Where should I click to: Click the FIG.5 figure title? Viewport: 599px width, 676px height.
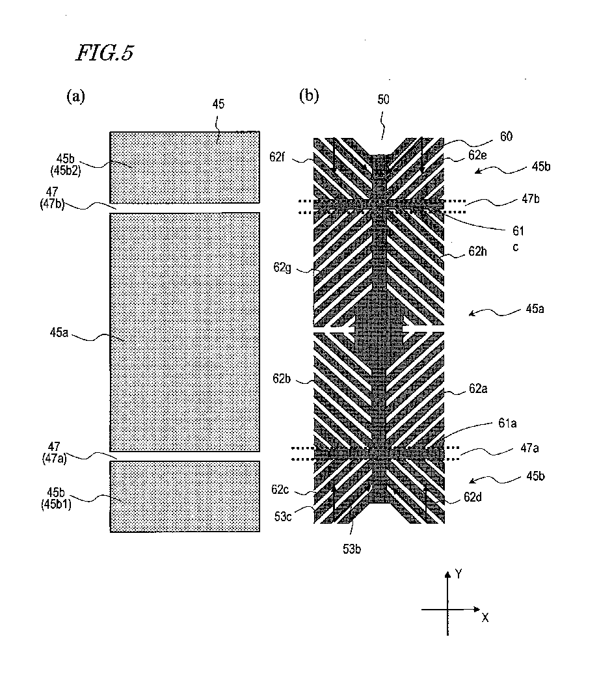105,53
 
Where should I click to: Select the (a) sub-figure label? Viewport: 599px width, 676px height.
75,96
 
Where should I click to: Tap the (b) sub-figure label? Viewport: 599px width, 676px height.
308,95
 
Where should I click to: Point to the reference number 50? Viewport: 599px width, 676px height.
383,100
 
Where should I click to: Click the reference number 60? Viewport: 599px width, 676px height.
506,136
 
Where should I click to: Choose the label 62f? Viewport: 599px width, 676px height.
277,157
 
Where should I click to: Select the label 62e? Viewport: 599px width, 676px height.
477,155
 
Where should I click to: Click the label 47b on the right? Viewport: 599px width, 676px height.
531,198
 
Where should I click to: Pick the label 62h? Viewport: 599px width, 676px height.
477,251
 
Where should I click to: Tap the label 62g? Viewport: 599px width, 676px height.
282,267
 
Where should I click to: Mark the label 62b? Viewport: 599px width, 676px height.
282,379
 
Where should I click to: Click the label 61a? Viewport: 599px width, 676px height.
507,424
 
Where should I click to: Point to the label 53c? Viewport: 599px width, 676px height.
283,517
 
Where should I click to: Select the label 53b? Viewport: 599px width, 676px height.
352,549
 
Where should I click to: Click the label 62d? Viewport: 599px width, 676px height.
473,498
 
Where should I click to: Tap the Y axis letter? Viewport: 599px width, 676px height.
459,574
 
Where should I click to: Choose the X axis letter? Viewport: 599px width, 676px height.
485,618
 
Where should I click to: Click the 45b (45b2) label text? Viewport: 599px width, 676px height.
66,165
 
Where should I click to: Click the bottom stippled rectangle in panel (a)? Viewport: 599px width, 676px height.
185,496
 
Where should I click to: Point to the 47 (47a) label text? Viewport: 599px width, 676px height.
54,452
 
